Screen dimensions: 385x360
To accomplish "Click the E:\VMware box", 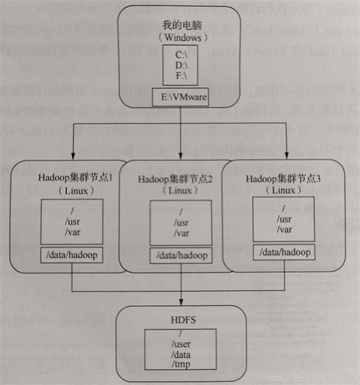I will (x=182, y=97).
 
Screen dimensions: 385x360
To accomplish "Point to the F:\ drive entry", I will (x=182, y=76).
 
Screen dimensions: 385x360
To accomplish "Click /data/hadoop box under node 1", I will (x=72, y=256).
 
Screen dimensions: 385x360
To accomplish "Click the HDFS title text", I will (x=182, y=320).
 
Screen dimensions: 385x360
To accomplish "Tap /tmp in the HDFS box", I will (x=182, y=365).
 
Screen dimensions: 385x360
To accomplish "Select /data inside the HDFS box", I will (x=182, y=354).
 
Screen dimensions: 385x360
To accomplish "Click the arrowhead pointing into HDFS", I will (x=182, y=304).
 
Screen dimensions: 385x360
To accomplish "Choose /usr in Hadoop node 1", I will (x=71, y=220).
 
